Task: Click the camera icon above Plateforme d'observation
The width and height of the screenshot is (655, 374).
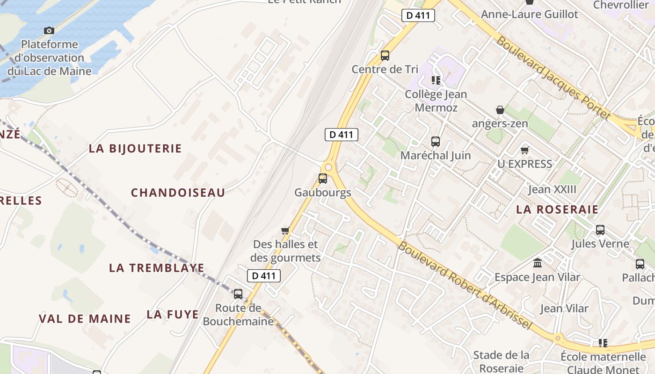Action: [49, 31]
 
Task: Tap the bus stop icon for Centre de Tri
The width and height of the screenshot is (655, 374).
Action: [385, 56]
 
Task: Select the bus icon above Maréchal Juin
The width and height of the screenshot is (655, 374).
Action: [436, 141]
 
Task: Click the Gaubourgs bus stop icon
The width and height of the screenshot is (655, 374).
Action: [323, 178]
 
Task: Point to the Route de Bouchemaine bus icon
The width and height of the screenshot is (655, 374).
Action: [238, 294]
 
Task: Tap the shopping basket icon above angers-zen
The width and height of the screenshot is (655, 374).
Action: [500, 110]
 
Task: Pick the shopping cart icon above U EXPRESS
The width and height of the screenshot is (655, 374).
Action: [524, 150]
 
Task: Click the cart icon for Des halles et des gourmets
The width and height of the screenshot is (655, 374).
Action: [285, 230]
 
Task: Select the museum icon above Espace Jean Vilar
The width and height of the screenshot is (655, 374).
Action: [538, 263]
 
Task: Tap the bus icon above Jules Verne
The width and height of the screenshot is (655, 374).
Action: [600, 230]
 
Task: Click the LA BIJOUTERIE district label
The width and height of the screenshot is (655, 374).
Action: [135, 149]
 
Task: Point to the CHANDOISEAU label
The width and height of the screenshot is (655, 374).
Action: [178, 193]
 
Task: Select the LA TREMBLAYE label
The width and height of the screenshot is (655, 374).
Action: [157, 268]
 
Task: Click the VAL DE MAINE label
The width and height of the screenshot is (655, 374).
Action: [85, 319]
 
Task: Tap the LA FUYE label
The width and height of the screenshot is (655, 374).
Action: [173, 314]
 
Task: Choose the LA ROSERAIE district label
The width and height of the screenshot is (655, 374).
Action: [557, 209]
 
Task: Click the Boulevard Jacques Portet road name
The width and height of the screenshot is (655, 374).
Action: [554, 78]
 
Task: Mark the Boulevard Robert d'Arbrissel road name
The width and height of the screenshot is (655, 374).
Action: [465, 285]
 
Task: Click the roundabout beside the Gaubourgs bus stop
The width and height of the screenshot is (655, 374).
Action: [328, 167]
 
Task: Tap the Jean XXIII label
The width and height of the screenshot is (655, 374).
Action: [552, 190]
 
